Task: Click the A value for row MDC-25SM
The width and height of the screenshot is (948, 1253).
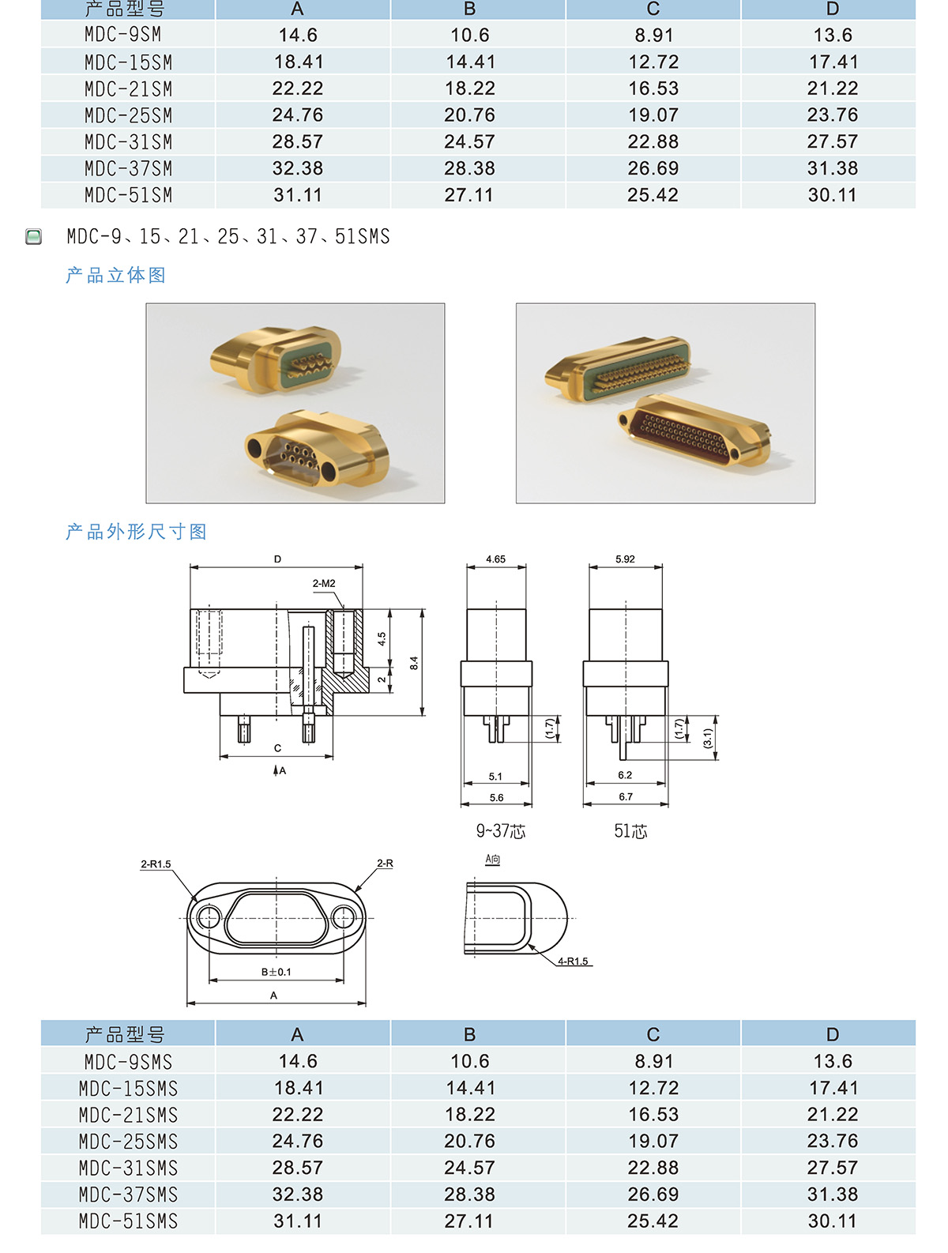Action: point(297,115)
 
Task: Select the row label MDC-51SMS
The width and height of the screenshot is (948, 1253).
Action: point(129,1221)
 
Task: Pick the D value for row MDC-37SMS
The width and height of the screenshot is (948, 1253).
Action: point(832,1195)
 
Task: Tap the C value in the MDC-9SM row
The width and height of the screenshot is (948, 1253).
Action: point(653,35)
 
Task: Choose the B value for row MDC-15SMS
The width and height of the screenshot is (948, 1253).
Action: point(470,1087)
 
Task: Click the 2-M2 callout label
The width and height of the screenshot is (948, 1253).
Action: point(324,583)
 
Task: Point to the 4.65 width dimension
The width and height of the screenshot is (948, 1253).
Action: point(495,559)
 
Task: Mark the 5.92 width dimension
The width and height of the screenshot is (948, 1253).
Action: point(625,559)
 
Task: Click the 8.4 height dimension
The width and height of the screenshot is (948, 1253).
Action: point(414,664)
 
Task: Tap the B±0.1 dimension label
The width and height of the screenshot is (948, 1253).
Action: point(276,972)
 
